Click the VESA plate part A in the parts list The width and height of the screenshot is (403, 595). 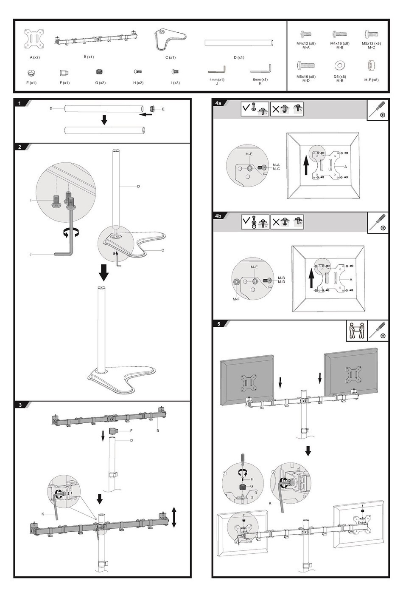coord(34,39)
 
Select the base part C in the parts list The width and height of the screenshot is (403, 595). coord(169,40)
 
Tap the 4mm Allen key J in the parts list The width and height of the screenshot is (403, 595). coord(217,69)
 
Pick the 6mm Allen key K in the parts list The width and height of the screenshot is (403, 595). coord(261,69)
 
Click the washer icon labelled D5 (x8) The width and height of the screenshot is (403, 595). coord(340,65)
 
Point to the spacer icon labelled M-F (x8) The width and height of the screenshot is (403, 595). coord(371,65)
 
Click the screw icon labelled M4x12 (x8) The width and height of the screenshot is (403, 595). coord(305,34)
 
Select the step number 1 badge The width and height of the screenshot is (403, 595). coord(20,103)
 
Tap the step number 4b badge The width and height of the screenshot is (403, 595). coord(218,216)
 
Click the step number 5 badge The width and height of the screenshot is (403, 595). coord(218,324)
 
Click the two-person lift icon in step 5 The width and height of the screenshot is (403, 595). coord(356,330)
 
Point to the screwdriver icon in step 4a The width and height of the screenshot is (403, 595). coord(377,110)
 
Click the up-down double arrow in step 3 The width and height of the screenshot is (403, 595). coord(174,517)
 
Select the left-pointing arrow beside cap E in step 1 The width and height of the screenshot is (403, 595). coord(146,114)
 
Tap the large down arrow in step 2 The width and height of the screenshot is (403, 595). coord(104,272)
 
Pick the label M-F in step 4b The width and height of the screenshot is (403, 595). coord(236,299)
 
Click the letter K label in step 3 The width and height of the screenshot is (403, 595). coord(43,514)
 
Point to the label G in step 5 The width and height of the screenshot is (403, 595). coord(252,486)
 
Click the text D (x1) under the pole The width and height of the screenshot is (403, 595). coord(239,57)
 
